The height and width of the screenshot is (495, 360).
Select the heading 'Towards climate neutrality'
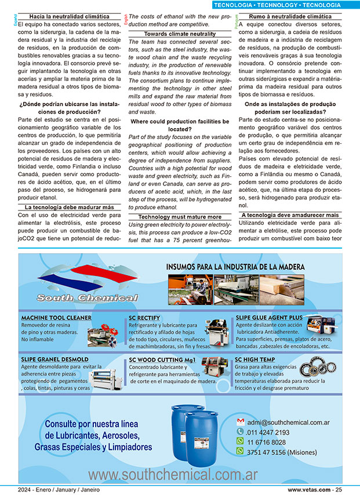(180, 34)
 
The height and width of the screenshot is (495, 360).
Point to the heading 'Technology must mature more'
(180, 216)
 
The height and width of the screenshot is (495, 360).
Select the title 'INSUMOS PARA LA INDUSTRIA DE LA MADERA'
(235, 267)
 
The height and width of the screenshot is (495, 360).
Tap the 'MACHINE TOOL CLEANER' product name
(56, 318)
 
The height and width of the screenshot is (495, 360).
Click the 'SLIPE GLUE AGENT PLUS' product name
(268, 318)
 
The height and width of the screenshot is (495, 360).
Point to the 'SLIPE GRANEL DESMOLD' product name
(55, 359)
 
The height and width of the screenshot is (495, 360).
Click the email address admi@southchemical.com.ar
(288, 423)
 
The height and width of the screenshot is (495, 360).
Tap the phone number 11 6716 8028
(267, 442)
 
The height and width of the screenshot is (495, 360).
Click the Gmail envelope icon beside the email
(240, 422)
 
